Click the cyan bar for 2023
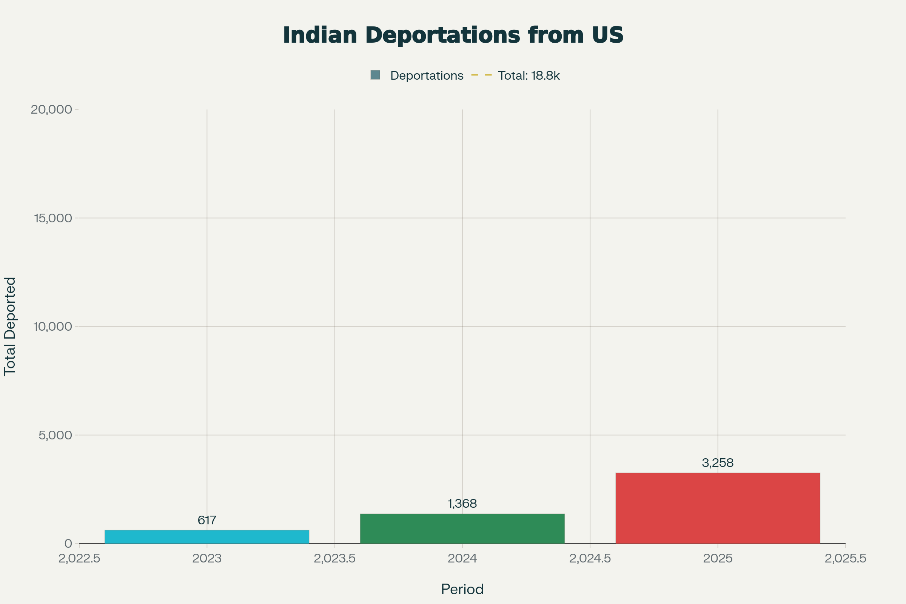click(x=207, y=537)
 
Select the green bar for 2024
click(x=462, y=528)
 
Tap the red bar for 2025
click(x=718, y=508)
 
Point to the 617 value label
click(x=207, y=521)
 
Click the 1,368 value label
click(x=462, y=504)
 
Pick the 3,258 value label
click(x=718, y=463)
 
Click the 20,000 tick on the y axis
click(x=52, y=109)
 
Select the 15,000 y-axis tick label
click(x=53, y=218)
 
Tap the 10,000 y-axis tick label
click(x=53, y=327)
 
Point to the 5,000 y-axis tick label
click(x=55, y=435)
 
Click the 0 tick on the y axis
click(x=69, y=544)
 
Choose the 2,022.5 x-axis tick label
click(x=79, y=559)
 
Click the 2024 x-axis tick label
click(x=462, y=559)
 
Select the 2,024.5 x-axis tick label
click(x=590, y=559)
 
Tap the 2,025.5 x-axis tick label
click(x=846, y=559)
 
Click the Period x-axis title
click(x=462, y=589)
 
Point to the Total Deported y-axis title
click(x=10, y=326)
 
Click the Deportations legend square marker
click(x=375, y=75)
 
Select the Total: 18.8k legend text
click(x=528, y=75)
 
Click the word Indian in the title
click(x=320, y=35)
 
